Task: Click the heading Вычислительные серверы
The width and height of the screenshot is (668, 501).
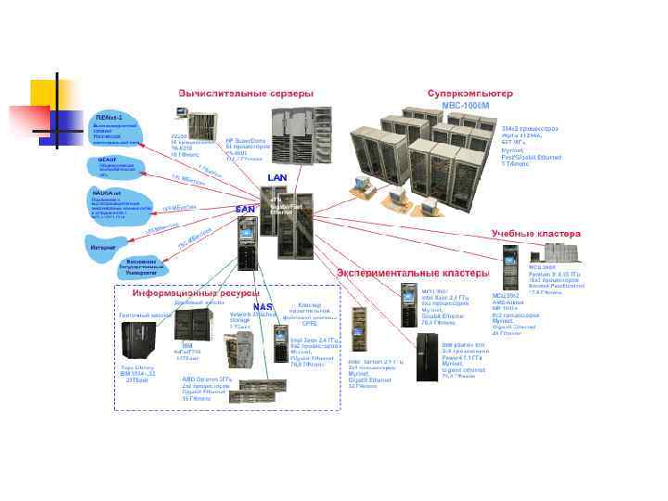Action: (x=246, y=94)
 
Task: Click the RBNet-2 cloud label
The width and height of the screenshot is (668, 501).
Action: (x=109, y=118)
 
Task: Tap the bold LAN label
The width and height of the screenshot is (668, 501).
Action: (x=278, y=177)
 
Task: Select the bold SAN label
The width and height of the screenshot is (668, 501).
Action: (x=245, y=209)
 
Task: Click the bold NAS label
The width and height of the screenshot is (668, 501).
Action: (x=263, y=307)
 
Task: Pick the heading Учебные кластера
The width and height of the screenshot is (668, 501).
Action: (x=535, y=233)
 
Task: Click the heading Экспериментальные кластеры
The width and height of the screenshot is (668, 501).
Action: (x=411, y=273)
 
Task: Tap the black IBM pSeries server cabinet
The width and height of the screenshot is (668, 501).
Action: (x=428, y=356)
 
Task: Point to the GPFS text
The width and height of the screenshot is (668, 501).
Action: (x=309, y=324)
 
